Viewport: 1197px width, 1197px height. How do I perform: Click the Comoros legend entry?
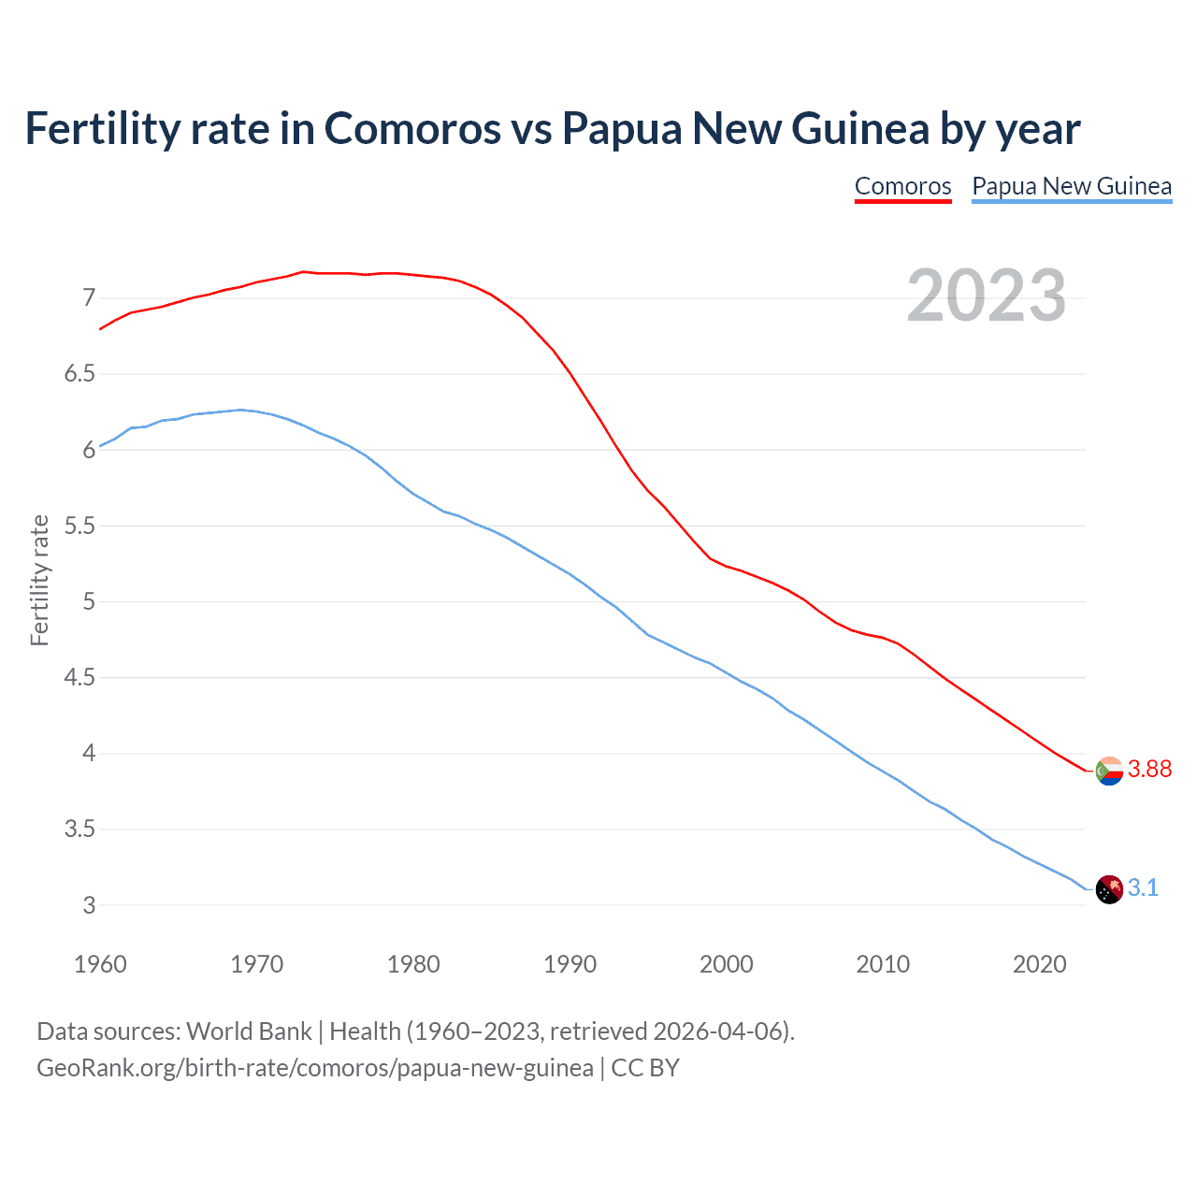coord(902,186)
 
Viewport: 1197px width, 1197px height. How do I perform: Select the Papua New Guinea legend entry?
coord(1072,186)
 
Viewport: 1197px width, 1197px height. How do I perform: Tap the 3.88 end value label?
coord(1149,769)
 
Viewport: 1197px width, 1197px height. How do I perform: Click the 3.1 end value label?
coord(1143,887)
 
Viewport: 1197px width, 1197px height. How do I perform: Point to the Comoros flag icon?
coord(1109,771)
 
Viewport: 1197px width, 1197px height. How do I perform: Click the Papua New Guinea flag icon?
coord(1109,889)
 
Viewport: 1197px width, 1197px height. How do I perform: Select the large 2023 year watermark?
coord(987,296)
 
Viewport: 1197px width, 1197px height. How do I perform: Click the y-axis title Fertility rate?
coord(39,580)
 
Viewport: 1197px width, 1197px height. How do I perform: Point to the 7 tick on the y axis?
coord(89,298)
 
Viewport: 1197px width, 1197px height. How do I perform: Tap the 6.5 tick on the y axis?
coord(79,374)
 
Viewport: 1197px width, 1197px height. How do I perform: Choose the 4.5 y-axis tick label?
coord(79,677)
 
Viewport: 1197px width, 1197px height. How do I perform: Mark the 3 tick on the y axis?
coord(89,905)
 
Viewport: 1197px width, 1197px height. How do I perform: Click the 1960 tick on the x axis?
coord(100,964)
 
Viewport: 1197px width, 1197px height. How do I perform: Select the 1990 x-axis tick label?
coord(570,964)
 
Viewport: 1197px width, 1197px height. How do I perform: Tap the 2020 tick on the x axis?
coord(1039,964)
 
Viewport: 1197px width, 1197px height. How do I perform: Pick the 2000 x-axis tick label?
coord(726,964)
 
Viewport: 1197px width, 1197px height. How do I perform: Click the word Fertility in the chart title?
coord(102,128)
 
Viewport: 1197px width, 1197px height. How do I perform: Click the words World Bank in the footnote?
coord(249,1031)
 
